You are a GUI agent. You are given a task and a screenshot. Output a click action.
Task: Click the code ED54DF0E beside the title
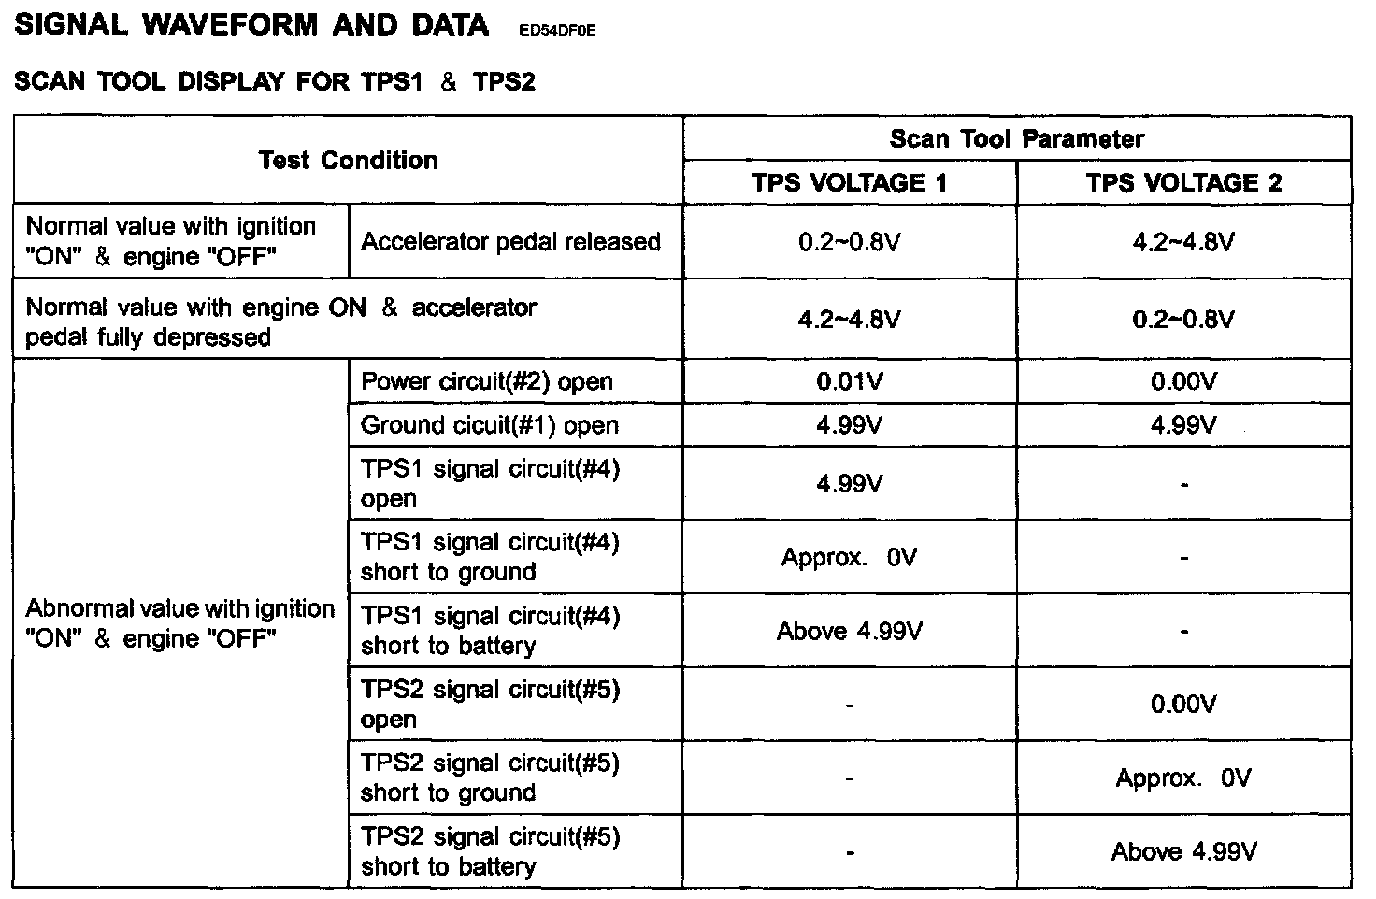coord(555,31)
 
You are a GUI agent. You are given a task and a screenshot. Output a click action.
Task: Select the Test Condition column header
coord(348,161)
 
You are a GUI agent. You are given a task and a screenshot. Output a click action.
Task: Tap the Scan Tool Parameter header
coord(1016,139)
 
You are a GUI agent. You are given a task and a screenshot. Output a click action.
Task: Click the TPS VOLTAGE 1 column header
coord(849,183)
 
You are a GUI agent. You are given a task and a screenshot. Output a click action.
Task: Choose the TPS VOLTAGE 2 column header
coord(1183,183)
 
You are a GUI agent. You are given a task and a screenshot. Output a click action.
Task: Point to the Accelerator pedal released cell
coord(510,242)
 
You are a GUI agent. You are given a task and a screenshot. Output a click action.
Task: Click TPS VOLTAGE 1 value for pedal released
coord(849,243)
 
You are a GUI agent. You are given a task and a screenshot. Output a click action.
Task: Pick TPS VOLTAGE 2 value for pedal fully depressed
coord(1183,320)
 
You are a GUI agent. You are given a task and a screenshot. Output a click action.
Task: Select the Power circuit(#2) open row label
coord(486,381)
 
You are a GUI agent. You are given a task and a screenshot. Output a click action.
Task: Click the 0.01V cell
coord(849,381)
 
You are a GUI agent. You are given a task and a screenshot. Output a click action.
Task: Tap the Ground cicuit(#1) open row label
coord(489,425)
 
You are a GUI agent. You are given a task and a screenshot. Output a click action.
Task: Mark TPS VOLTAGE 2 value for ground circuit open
coord(1183,425)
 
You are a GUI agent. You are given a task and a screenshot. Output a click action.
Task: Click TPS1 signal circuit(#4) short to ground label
coord(489,557)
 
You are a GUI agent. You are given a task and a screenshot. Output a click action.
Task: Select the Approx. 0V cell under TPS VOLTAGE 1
coord(849,558)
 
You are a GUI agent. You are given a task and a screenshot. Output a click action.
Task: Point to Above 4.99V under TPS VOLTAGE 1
coord(849,632)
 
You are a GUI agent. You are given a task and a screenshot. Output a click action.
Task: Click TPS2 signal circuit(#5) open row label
coord(489,705)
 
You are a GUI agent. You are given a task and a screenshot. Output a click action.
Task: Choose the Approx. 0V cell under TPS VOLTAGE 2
coord(1183,778)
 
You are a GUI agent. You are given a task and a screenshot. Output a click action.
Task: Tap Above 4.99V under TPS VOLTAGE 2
coord(1183,852)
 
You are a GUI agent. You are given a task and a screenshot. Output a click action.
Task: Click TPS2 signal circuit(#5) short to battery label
coord(489,851)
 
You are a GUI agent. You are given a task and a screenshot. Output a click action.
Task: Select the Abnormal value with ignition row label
coord(179,623)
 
